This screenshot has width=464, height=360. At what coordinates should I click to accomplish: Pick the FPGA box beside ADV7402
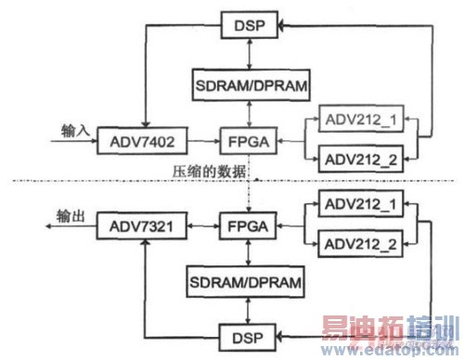(x=243, y=144)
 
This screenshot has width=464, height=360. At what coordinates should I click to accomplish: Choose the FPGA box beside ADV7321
(x=243, y=225)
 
